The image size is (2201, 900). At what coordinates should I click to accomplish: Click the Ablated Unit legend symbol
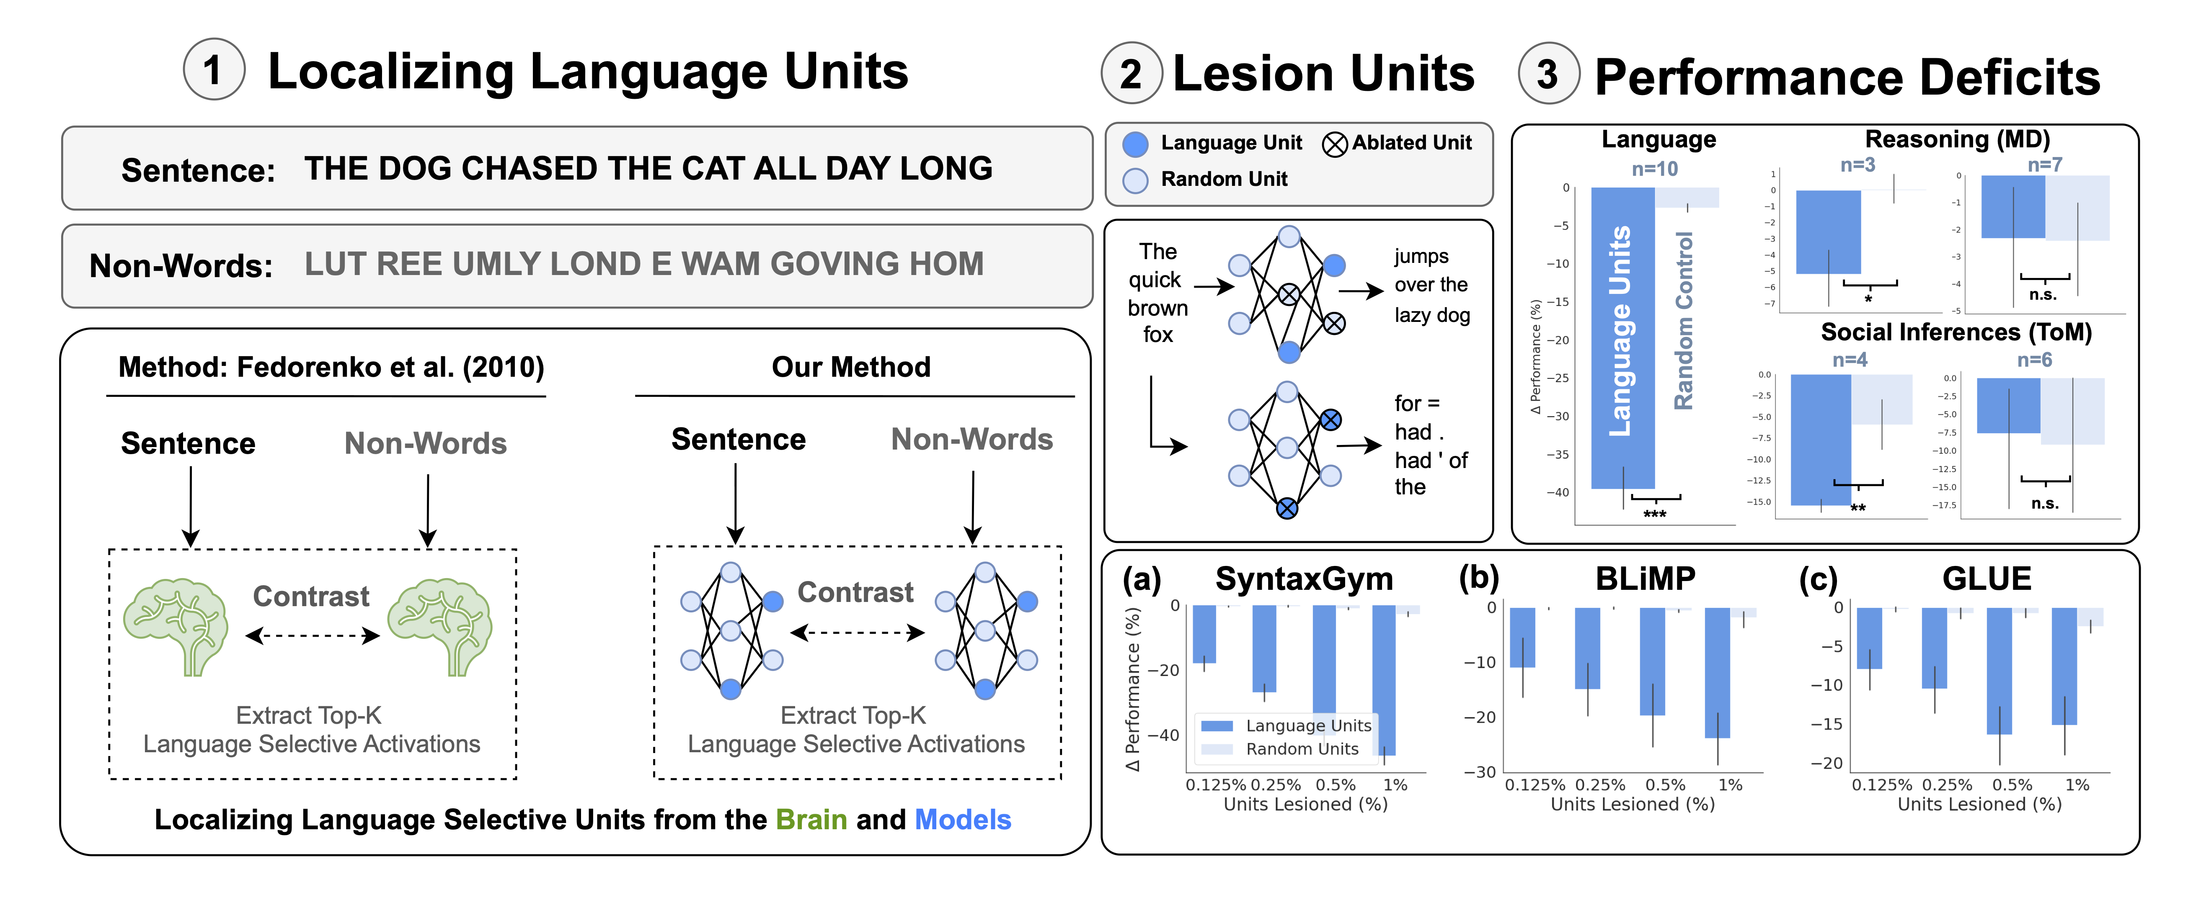[1335, 144]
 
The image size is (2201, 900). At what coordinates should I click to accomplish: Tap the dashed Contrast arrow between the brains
[312, 635]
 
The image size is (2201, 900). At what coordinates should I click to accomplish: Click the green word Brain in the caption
[811, 820]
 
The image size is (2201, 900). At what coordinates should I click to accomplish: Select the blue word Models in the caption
[963, 820]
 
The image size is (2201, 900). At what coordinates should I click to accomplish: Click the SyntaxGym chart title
[1304, 579]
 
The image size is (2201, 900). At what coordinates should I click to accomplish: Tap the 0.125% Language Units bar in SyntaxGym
[1204, 635]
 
